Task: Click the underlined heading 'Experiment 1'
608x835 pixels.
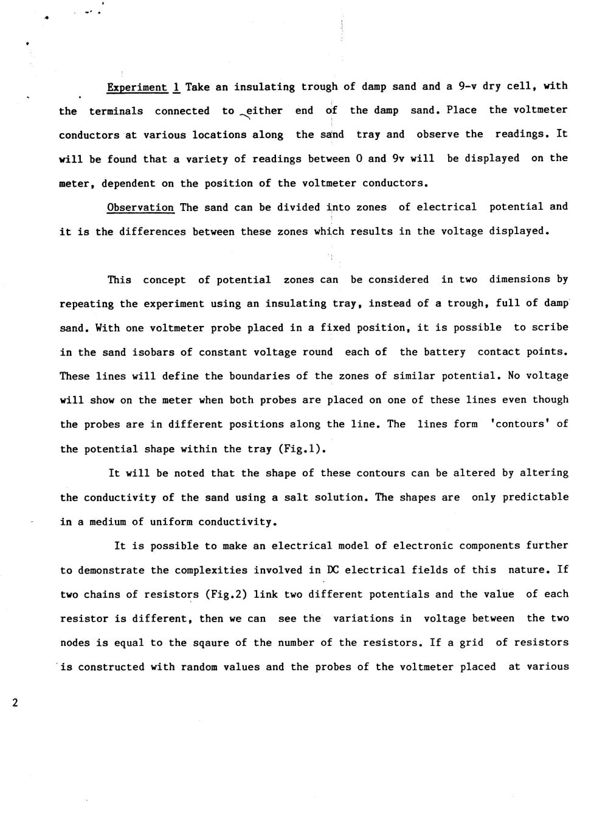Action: [143, 87]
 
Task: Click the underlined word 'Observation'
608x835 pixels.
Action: [140, 207]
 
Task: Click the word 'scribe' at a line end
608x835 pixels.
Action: [549, 327]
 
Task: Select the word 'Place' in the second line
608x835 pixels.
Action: [461, 110]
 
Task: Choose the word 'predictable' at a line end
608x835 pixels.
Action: [535, 497]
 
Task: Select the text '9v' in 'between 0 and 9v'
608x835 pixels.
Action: [399, 158]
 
